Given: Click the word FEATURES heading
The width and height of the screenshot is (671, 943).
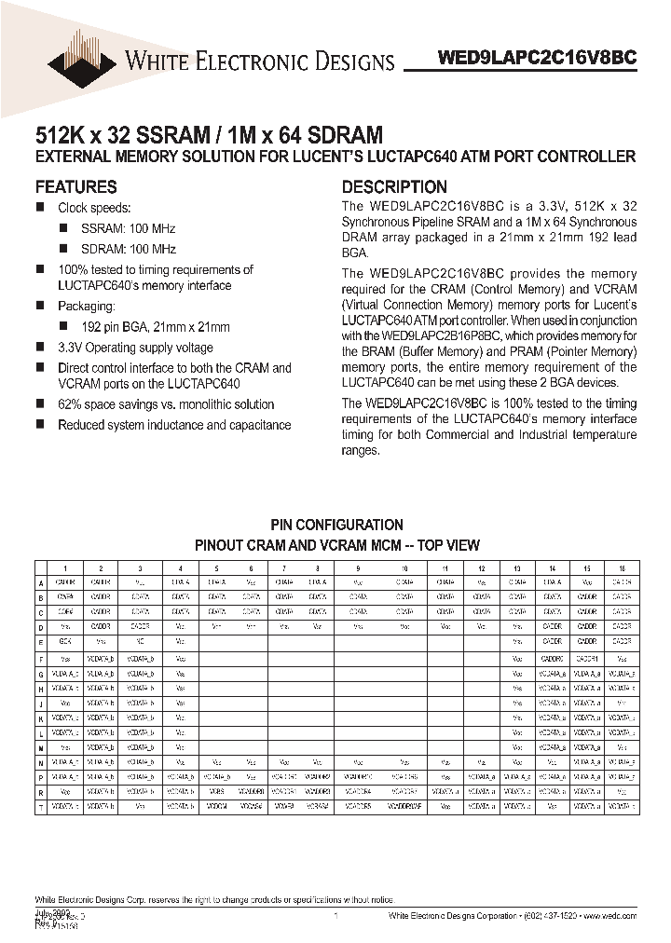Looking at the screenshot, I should pos(75,186).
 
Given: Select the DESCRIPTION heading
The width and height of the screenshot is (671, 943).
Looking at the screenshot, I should pos(394,186).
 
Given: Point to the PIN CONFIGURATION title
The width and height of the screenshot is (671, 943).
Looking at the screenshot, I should pos(336,525).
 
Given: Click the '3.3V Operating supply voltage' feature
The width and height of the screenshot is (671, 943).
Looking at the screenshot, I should pos(135,348).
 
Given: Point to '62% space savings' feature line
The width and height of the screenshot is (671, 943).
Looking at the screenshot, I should pos(166,404).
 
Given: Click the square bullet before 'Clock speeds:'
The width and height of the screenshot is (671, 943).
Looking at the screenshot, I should pos(40,208).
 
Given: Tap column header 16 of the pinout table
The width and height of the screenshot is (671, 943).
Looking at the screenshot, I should pos(622,567).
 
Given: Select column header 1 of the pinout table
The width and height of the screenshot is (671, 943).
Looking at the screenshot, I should pos(65,567).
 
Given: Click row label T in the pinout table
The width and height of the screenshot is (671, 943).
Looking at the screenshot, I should pos(41,808).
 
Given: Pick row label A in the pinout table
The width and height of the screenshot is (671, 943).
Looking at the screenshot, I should pos(41,582).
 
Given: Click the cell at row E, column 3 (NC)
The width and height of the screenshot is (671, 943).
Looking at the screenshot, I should pos(139,642).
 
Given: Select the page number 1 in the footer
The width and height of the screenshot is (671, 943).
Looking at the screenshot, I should pos(335,918).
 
